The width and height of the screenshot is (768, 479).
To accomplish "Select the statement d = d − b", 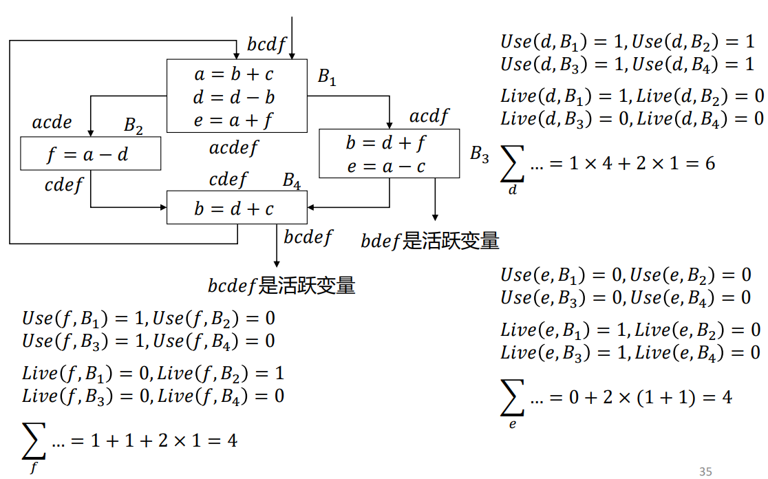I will (x=234, y=97).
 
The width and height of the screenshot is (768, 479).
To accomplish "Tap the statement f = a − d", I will (x=87, y=155).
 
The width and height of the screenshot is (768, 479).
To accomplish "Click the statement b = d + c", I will (x=234, y=209).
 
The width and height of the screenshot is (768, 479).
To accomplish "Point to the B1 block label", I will (x=327, y=77).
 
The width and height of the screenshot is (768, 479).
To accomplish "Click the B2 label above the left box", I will (x=134, y=125).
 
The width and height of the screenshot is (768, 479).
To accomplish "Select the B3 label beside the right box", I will (x=480, y=154).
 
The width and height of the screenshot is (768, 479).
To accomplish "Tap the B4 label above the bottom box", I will (x=292, y=180).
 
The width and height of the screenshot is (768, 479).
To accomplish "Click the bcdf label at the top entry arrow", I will (x=266, y=45).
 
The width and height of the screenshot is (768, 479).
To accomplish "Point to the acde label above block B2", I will (x=52, y=123).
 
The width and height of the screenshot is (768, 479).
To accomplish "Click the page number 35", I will (x=705, y=471).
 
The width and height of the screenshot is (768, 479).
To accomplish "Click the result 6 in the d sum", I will (x=710, y=163).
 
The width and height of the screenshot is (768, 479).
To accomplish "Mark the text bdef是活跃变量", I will (x=430, y=241).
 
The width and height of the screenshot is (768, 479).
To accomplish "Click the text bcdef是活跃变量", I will (x=281, y=285).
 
